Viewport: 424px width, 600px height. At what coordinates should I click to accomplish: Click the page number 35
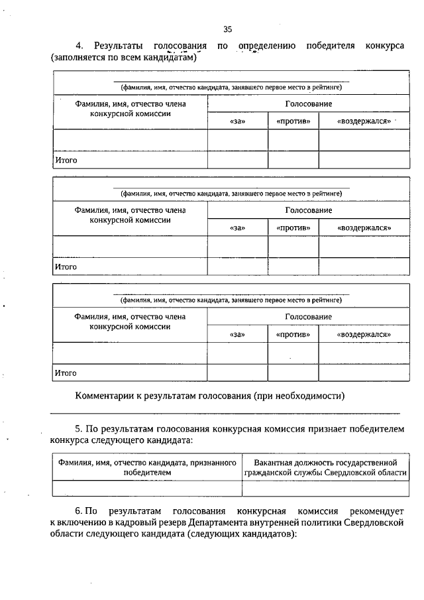(x=227, y=29)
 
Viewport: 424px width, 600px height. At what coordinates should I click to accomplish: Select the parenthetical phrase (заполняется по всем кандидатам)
(x=125, y=58)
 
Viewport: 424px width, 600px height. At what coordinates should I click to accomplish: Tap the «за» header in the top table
(x=237, y=122)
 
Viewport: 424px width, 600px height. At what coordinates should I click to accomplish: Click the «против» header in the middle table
(x=293, y=228)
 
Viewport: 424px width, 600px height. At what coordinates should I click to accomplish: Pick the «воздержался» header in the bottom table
(x=364, y=335)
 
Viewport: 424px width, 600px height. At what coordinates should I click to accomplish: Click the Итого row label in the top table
(x=66, y=160)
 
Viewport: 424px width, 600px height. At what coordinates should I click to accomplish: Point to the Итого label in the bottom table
(x=66, y=373)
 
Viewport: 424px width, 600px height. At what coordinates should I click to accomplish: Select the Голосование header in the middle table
(x=308, y=210)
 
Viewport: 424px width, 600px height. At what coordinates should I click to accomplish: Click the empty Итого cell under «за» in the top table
(x=237, y=160)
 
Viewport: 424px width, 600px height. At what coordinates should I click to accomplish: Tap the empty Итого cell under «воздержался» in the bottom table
(x=364, y=373)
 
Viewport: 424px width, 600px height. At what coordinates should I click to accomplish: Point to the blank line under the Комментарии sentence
(x=225, y=412)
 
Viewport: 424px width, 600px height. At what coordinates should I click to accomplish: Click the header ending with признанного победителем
(x=146, y=467)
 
